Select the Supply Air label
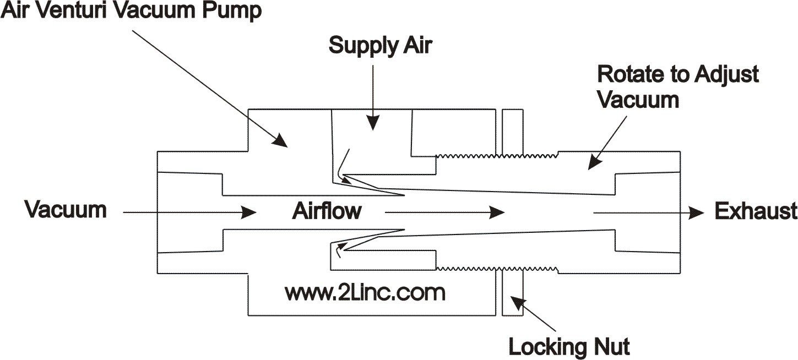pyautogui.click(x=380, y=46)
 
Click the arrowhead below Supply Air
pyautogui.click(x=373, y=125)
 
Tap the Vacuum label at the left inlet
pyautogui.click(x=66, y=211)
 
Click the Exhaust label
pyautogui.click(x=756, y=211)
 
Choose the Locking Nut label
pyautogui.click(x=569, y=347)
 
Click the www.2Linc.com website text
pyautogui.click(x=365, y=292)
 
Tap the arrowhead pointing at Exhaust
pyautogui.click(x=698, y=212)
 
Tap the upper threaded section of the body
pyautogui.click(x=496, y=155)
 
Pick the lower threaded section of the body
pyautogui.click(x=496, y=268)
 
